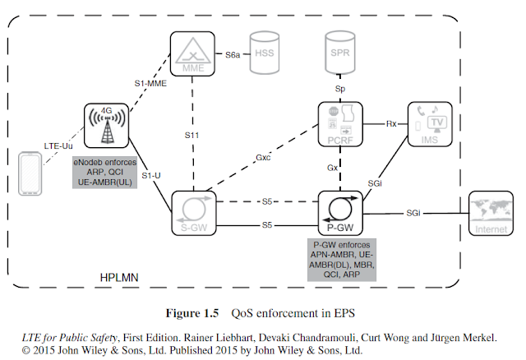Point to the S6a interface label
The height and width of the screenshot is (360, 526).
[233, 55]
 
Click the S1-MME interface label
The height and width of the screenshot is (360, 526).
[150, 83]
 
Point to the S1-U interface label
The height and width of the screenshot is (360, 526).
[151, 176]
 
